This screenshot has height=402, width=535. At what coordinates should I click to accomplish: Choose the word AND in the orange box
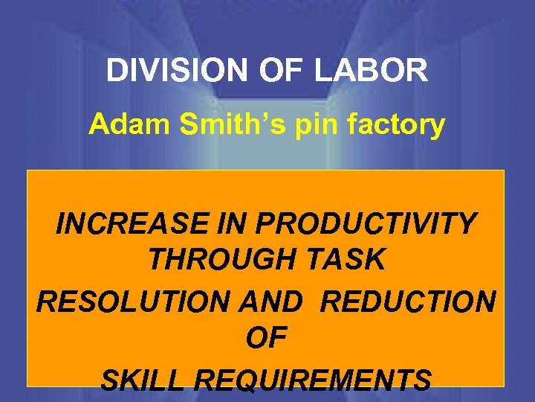[277, 301]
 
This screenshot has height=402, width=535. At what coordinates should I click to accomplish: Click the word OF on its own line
[266, 340]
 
